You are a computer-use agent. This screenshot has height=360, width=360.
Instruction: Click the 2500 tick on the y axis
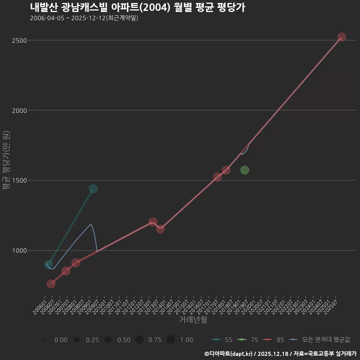19,40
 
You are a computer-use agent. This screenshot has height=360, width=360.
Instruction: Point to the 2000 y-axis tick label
19,110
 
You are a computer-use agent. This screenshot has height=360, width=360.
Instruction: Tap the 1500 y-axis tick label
19,180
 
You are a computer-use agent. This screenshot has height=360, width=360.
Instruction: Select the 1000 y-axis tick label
19,250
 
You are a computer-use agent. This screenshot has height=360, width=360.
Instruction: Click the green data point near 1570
245,170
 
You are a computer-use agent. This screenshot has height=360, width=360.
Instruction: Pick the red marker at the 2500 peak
342,37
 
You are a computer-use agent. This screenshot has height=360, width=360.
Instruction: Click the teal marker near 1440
93,189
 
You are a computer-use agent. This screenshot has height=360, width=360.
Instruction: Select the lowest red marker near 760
51,284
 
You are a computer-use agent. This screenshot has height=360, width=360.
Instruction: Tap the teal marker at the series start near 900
48,264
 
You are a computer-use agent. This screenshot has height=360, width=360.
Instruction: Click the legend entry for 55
222,340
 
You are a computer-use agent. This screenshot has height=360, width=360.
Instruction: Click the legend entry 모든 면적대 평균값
321,340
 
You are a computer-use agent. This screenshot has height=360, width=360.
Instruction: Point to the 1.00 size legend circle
171,340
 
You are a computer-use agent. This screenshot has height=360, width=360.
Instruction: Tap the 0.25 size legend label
92,340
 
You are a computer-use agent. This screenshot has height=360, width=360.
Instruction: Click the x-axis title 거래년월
193,320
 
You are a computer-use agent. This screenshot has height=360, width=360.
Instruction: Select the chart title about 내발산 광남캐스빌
137,7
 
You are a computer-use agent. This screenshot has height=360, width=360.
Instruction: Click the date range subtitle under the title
84,18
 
